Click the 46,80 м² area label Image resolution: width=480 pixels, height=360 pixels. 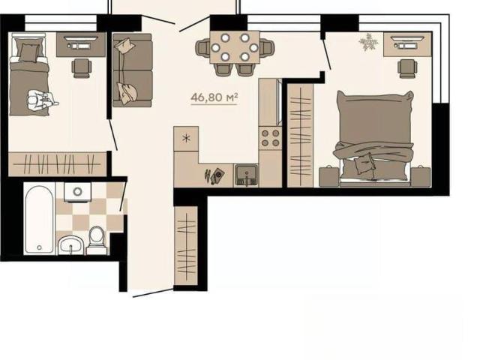pyautogui.click(x=214, y=97)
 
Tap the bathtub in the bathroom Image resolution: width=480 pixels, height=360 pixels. pyautogui.click(x=40, y=219)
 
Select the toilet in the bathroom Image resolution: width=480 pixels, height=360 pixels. pyautogui.click(x=97, y=241)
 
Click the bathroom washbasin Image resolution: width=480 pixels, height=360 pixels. pyautogui.click(x=71, y=245)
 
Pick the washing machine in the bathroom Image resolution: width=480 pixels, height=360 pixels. pyautogui.click(x=78, y=192)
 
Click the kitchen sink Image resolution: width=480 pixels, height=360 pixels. pyautogui.click(x=246, y=175)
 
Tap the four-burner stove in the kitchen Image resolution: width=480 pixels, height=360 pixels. pyautogui.click(x=270, y=138)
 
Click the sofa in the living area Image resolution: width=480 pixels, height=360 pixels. pyautogui.click(x=133, y=70)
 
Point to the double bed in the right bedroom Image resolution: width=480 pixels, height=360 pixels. pyautogui.click(x=375, y=138)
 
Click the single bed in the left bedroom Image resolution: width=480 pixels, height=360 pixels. pyautogui.click(x=28, y=74)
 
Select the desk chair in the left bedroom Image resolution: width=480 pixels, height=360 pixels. pyautogui.click(x=82, y=68)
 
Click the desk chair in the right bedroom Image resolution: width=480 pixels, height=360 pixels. pyautogui.click(x=407, y=68)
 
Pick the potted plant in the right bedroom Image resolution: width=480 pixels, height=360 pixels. pyautogui.click(x=368, y=43)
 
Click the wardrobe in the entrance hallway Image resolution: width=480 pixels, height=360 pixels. pyautogui.click(x=186, y=246)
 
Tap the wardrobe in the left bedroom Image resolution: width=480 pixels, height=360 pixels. pyautogui.click(x=57, y=163)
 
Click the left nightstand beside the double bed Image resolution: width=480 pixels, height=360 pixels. pyautogui.click(x=329, y=176)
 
